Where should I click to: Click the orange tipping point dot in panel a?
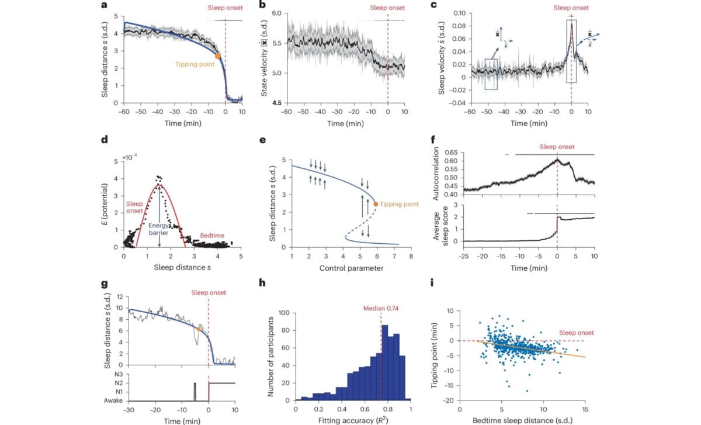click(x=218, y=56)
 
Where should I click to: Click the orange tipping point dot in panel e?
click(x=376, y=204)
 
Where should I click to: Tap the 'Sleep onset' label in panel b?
click(x=388, y=8)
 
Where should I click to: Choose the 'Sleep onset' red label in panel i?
click(x=575, y=333)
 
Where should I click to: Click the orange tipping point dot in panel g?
click(x=199, y=329)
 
